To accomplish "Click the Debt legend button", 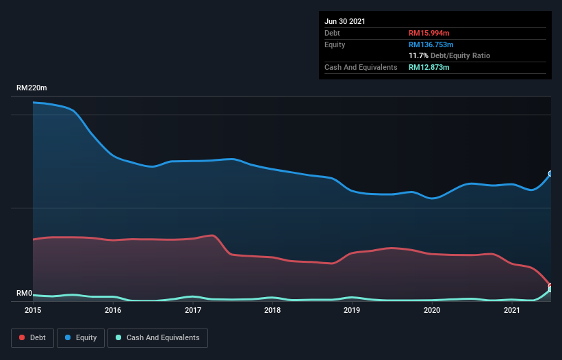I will [x=31, y=337].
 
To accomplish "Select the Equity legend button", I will [x=81, y=337].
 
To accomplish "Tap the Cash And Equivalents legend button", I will [x=157, y=337].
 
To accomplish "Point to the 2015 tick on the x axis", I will [x=33, y=310].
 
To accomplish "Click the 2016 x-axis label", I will [x=113, y=310].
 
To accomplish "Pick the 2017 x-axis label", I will [x=193, y=310].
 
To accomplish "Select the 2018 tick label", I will [x=272, y=310].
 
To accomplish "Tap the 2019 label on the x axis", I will [x=352, y=310].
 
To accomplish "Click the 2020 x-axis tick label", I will [x=432, y=310].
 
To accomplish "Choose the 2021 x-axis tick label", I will [x=511, y=310].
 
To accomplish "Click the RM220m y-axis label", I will [x=32, y=88].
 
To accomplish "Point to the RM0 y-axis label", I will [x=25, y=294].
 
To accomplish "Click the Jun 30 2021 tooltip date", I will [x=345, y=21].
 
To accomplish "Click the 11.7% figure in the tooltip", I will [x=418, y=55].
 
